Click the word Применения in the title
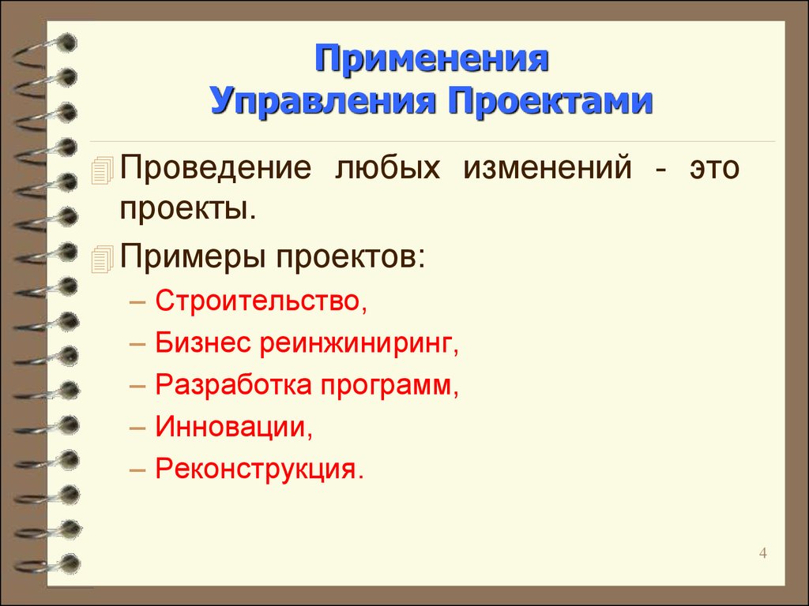coord(432,60)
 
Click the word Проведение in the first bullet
coord(216,169)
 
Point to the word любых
coord(387,169)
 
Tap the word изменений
coord(547,167)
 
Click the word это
coord(714,168)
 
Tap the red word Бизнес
coord(203,342)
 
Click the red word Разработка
coord(234,385)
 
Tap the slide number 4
coord(763,553)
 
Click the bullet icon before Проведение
coord(102,170)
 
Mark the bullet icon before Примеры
coord(102,259)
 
